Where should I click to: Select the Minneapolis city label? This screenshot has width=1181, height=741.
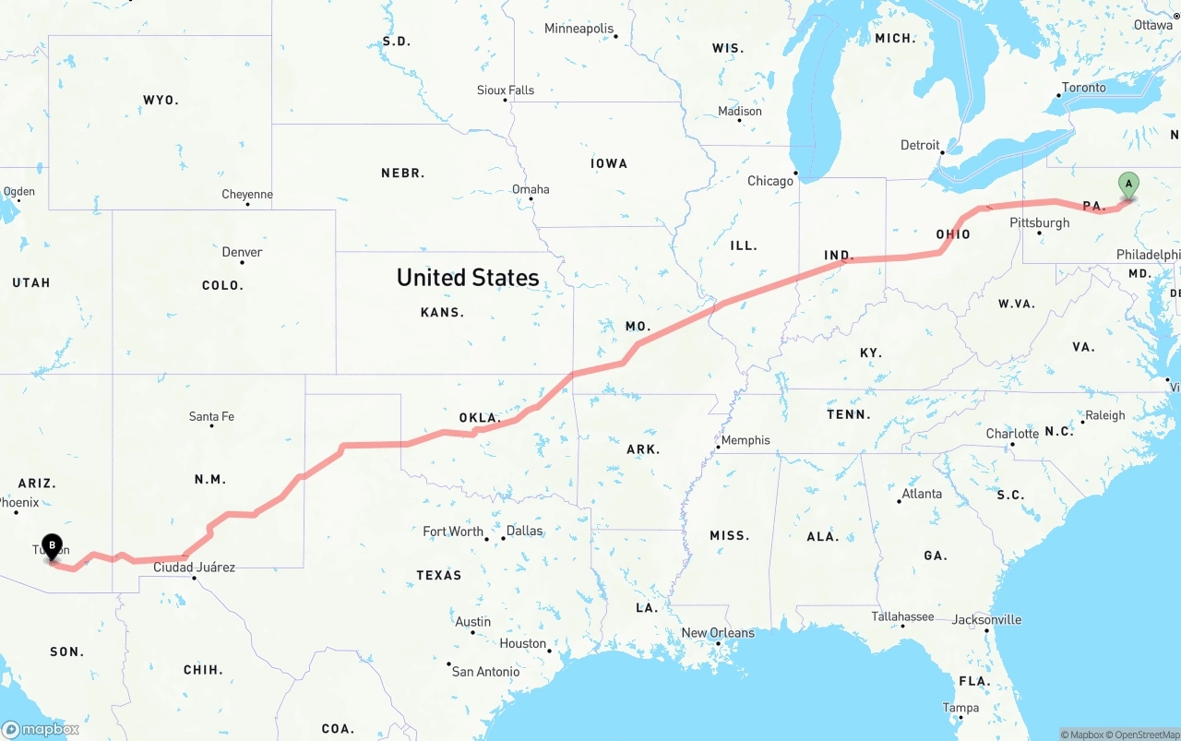(x=579, y=29)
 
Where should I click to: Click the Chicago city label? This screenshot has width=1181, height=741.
(x=769, y=181)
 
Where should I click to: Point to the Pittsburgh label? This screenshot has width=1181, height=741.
(x=1039, y=222)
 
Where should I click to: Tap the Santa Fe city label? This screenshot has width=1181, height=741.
(x=211, y=416)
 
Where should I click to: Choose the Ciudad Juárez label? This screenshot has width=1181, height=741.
(x=194, y=567)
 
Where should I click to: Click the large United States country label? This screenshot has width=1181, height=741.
(x=468, y=277)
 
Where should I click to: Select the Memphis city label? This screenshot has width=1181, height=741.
(x=746, y=440)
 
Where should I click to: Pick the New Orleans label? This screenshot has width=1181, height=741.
(x=718, y=633)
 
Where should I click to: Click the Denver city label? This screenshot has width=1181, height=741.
(x=242, y=252)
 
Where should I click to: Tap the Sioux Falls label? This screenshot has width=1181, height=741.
(x=506, y=90)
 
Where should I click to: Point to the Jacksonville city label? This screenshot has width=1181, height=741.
(x=986, y=619)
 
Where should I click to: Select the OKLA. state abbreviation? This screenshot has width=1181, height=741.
(x=480, y=418)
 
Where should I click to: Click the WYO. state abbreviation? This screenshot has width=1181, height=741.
(x=161, y=100)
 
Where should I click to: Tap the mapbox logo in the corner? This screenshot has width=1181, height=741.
(x=41, y=729)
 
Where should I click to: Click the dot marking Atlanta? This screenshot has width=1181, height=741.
(x=900, y=501)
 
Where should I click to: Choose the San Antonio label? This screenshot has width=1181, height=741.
(x=485, y=671)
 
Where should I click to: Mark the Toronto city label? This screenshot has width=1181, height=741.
(x=1083, y=88)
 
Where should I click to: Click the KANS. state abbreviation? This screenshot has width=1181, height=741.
(x=442, y=312)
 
